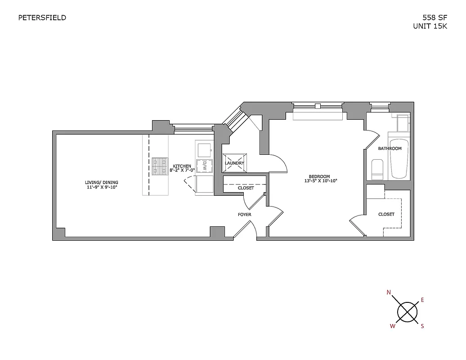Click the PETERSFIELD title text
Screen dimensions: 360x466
[42, 18]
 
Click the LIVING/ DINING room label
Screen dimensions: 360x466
[101, 182]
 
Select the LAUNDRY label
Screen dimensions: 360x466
[234, 163]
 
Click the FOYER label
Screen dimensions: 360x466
[245, 215]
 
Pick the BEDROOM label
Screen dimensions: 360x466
[319, 176]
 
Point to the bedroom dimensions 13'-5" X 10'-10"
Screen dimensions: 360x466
[320, 181]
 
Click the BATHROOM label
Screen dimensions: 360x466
[390, 148]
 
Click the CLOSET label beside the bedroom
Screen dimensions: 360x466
[386, 214]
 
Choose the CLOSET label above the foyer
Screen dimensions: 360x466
[246, 188]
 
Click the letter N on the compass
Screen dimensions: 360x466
[389, 292]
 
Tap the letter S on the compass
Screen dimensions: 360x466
[422, 326]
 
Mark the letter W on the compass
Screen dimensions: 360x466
[393, 326]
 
